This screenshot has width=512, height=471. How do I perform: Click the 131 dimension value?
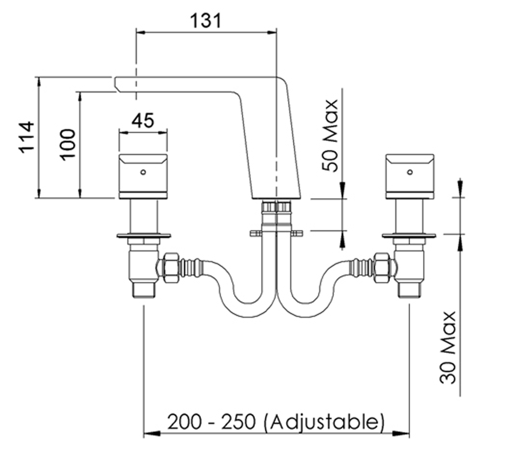pos(206,21)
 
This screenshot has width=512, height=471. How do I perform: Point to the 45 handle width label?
pos(142,121)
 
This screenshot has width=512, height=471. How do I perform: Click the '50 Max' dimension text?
pos(330,136)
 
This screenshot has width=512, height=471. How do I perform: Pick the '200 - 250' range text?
pos(212,422)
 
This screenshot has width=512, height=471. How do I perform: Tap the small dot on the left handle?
pos(143,172)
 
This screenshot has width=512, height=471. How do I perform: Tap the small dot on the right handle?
pos(409,172)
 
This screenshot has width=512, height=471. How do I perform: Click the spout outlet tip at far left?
pos(117,82)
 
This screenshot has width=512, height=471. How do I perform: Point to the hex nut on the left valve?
pos(169,265)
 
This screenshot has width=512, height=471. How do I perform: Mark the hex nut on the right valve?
pos(383,265)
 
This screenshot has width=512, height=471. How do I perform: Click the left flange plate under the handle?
pos(143,236)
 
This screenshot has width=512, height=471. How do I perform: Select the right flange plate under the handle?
pos(409,236)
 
